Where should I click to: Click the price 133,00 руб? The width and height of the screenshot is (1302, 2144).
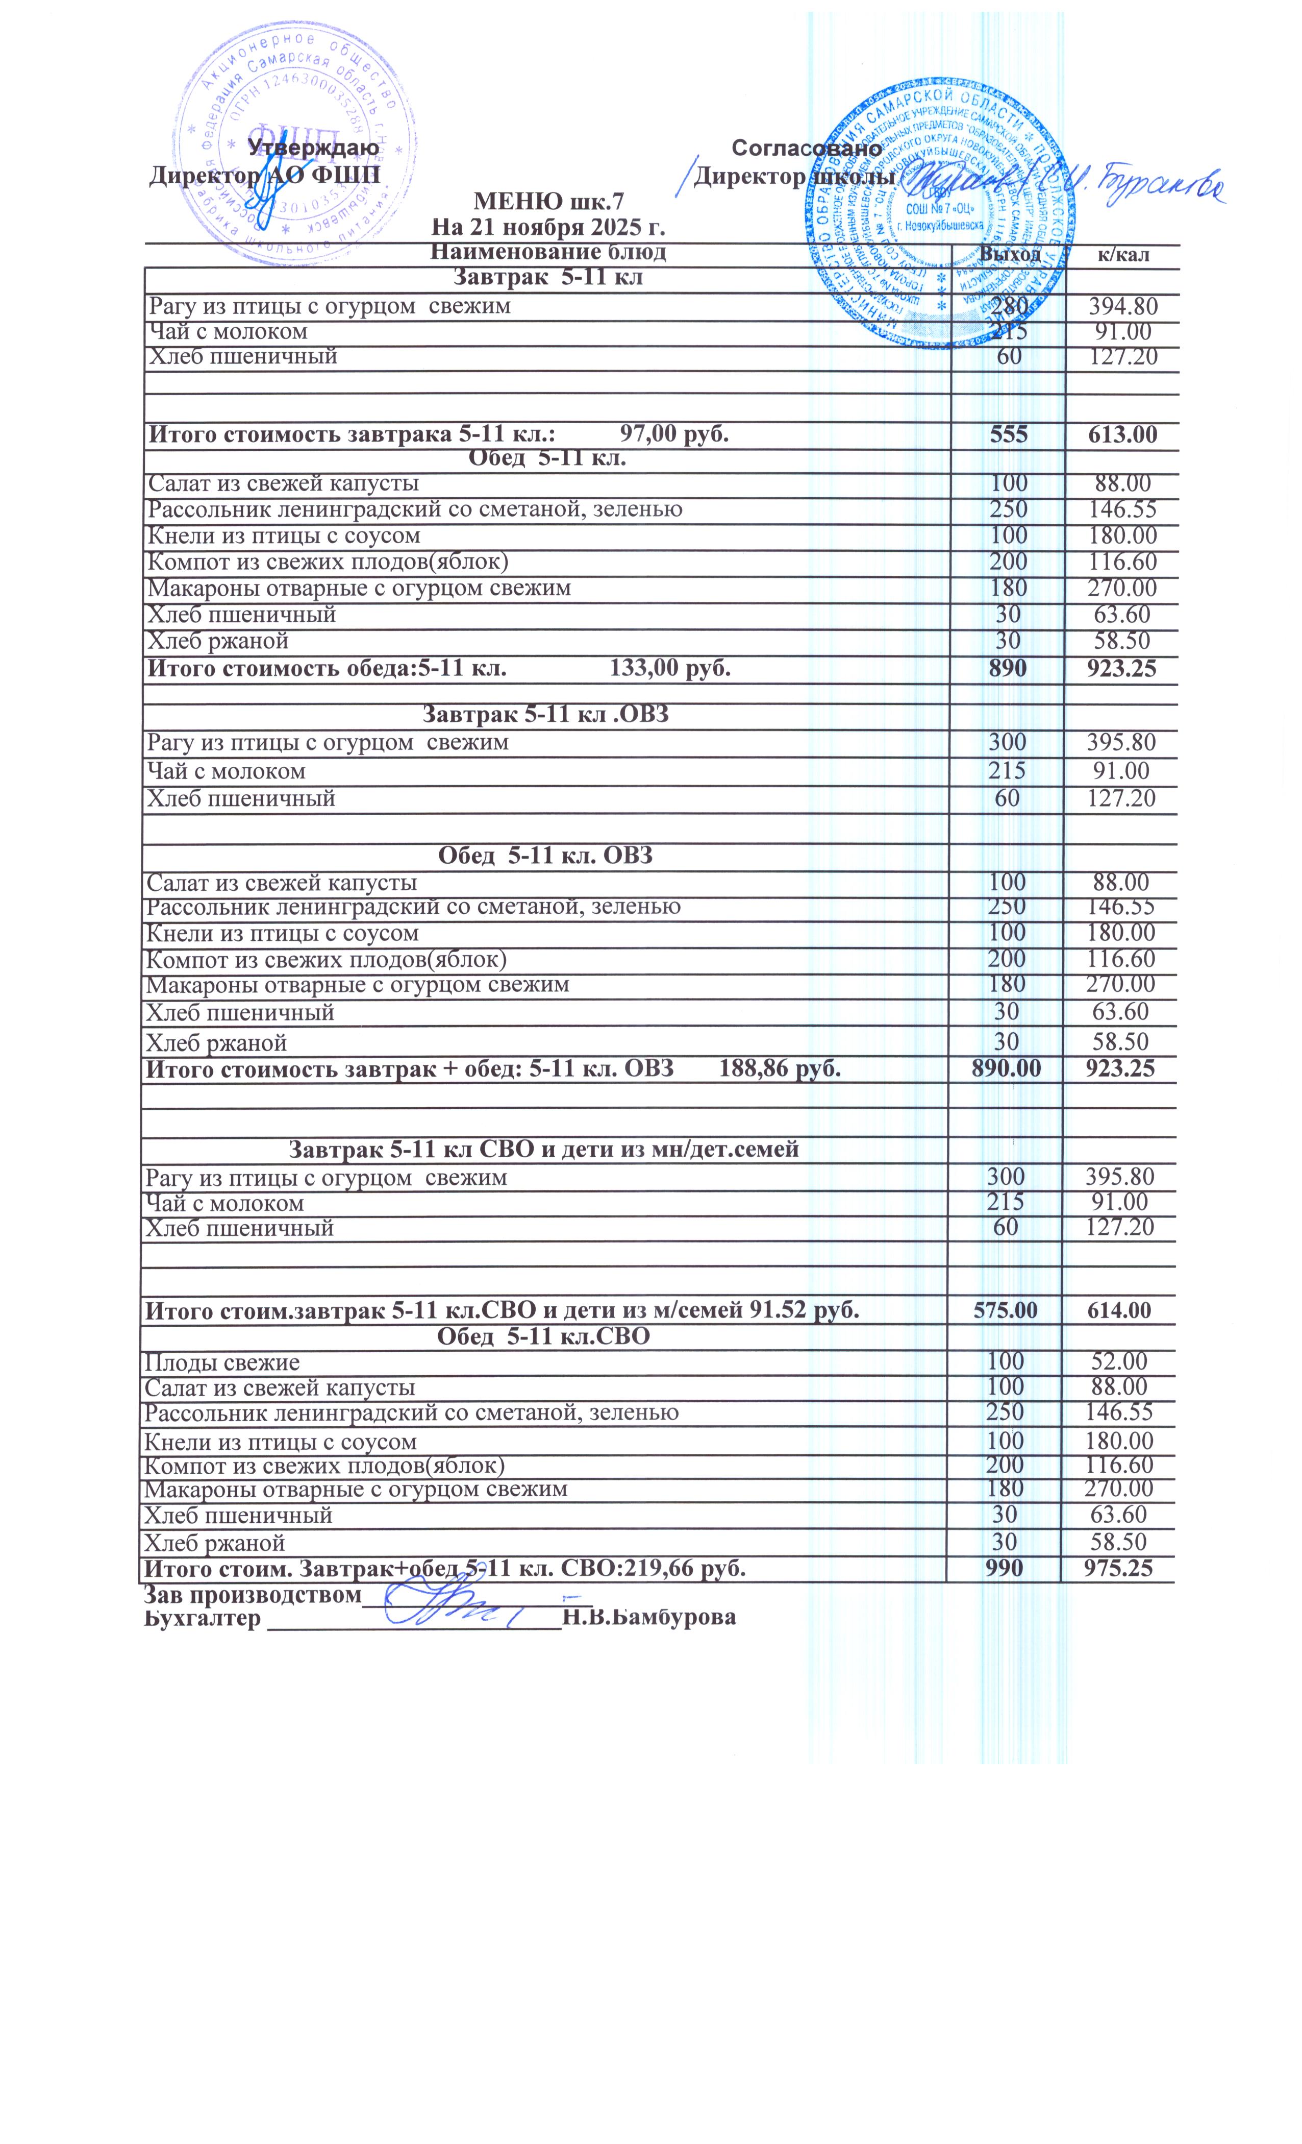pos(670,668)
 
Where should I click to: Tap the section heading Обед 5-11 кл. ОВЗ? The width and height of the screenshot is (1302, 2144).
pos(544,856)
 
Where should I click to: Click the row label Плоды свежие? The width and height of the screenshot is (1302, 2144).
pos(222,1362)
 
